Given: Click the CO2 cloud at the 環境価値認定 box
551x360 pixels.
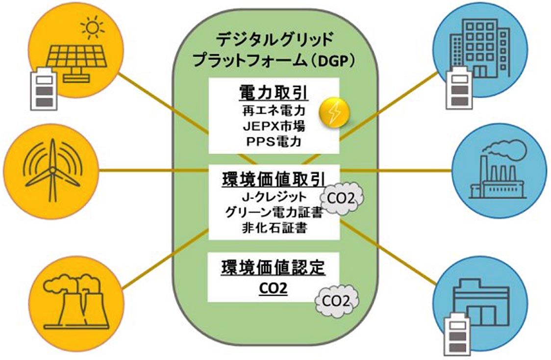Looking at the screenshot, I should pos(336,301).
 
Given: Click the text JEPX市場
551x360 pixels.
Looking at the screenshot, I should pos(274,127).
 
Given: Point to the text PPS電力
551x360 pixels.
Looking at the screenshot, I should pos(274,142).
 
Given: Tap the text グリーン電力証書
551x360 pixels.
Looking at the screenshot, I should pos(274,213).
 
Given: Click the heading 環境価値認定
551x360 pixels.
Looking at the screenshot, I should pos(273,267).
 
